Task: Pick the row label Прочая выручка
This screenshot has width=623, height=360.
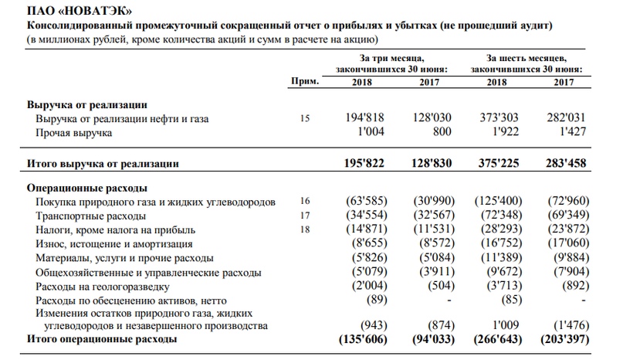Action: pos(74,133)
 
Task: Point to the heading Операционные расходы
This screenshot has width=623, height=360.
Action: pos(87,188)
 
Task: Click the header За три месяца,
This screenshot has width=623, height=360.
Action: pos(393,58)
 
